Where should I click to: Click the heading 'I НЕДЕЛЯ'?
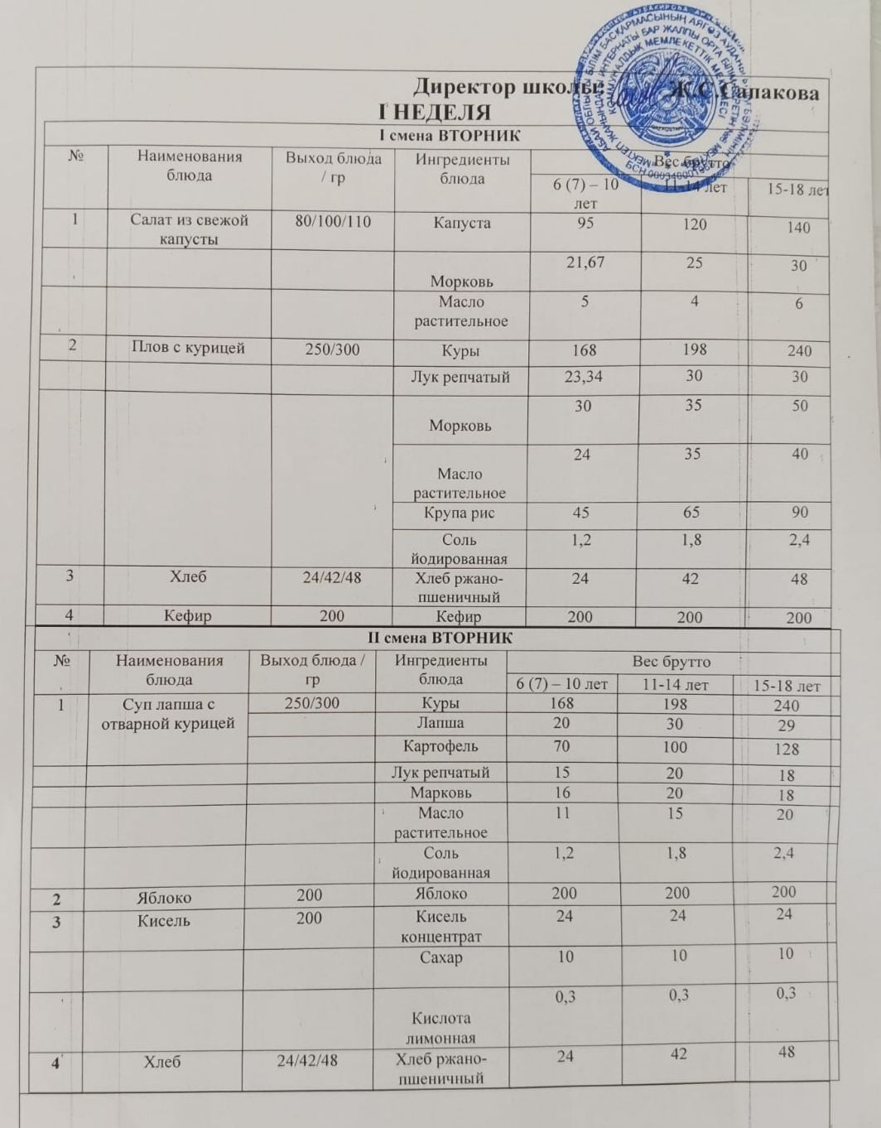[x=435, y=112]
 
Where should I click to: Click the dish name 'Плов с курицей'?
[x=189, y=348]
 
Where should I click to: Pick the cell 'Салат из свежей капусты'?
[x=189, y=229]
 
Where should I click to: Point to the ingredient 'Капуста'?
[x=462, y=223]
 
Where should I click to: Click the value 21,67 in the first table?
[x=585, y=263]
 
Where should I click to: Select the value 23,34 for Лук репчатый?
[x=583, y=377]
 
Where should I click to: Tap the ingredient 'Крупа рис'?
[x=460, y=513]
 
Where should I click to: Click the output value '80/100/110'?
[x=333, y=222]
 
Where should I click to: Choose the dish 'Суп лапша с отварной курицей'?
[x=167, y=714]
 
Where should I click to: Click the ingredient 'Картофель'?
[x=440, y=746]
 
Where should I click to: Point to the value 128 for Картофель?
[x=786, y=749]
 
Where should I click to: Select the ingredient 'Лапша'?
[x=440, y=723]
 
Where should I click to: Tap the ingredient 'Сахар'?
[x=440, y=957]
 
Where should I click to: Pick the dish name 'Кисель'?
[x=163, y=920]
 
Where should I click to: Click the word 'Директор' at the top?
[x=463, y=86]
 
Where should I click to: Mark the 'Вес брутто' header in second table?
[x=671, y=662]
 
